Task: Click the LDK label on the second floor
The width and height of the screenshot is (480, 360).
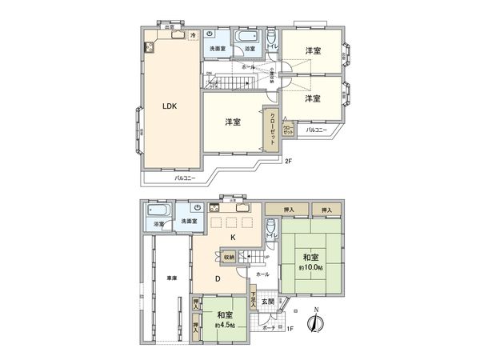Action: click(170, 106)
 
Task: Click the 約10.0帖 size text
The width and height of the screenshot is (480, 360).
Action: click(309, 267)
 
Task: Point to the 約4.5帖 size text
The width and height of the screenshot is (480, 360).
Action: click(226, 325)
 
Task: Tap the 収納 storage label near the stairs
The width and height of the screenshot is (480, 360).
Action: click(229, 258)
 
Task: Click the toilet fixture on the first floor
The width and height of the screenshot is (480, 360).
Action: click(271, 229)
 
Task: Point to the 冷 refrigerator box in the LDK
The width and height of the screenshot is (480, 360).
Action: click(193, 36)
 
